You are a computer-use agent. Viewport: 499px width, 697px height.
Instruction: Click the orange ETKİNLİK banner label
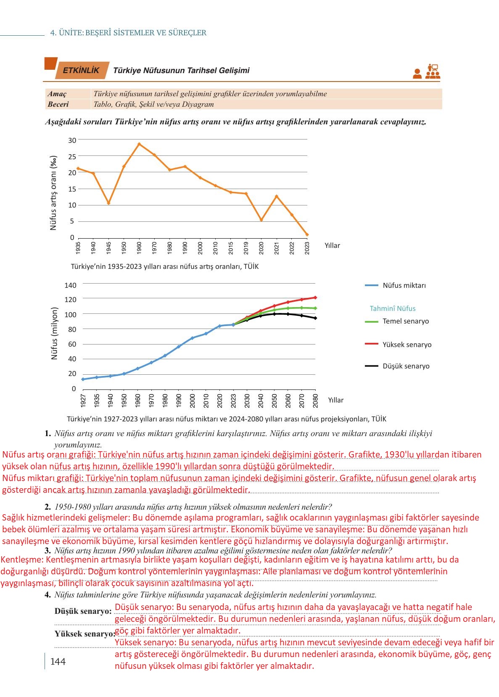(82, 70)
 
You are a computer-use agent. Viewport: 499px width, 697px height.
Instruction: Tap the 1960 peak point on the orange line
(139, 144)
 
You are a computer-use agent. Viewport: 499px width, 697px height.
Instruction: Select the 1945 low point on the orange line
(108, 203)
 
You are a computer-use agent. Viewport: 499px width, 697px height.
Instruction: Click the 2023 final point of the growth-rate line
(307, 234)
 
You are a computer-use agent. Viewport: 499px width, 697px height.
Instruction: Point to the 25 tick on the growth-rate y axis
(72, 157)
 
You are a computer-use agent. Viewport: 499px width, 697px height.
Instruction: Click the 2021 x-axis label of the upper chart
(277, 248)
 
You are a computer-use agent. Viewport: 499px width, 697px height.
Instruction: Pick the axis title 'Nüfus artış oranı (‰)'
(53, 192)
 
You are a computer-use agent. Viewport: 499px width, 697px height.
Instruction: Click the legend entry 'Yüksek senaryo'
(398, 345)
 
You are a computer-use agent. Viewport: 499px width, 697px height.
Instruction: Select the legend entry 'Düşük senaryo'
(397, 366)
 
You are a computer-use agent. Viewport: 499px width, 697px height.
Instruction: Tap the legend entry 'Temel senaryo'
(397, 321)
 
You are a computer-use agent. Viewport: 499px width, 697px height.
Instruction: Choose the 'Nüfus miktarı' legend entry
(395, 285)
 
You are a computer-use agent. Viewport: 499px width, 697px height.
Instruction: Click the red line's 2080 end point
(315, 297)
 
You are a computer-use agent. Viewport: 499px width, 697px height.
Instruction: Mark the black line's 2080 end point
(315, 318)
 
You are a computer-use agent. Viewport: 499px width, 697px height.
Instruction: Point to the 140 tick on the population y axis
(70, 285)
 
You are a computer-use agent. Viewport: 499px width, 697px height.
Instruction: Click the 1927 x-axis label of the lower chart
(83, 400)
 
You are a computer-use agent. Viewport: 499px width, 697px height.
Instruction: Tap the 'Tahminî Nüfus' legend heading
(393, 308)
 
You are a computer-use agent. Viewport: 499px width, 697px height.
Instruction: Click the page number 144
(58, 661)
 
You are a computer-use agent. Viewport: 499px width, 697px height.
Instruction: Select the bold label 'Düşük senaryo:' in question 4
(83, 611)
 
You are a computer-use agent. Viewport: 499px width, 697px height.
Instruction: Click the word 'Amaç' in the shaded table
(57, 94)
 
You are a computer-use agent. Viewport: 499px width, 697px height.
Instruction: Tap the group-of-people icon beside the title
(433, 71)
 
